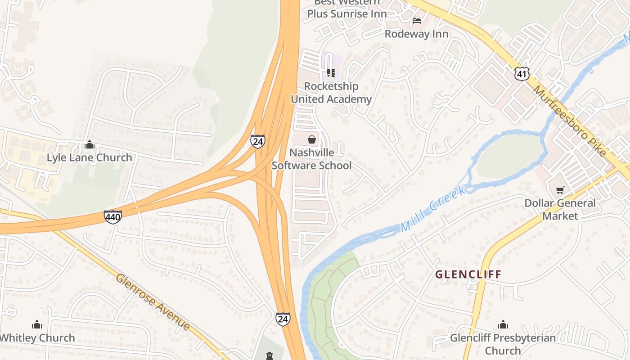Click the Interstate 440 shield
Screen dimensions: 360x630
pos(112,217)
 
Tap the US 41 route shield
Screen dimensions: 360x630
pos(522,73)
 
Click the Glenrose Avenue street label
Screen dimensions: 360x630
pos(153,301)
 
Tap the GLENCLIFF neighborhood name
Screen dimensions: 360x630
pos(468,274)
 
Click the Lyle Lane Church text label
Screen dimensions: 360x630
pos(90,157)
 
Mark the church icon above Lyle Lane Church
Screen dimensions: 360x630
pos(90,144)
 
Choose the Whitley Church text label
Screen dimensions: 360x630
pos(37,337)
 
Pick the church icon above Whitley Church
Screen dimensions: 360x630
pos(37,324)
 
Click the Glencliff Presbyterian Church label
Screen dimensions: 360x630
pos(503,344)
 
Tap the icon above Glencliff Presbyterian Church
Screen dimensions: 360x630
pos(503,324)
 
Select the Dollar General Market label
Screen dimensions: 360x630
pos(560,209)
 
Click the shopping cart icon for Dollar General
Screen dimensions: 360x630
pos(560,190)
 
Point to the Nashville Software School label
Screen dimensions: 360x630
pos(311,159)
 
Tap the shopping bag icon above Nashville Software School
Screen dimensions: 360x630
pos(311,139)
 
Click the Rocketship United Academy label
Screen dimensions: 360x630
pos(331,92)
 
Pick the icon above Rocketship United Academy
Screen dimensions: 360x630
pos(331,72)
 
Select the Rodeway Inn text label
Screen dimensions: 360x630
pos(416,34)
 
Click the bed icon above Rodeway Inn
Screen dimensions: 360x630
pos(417,20)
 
